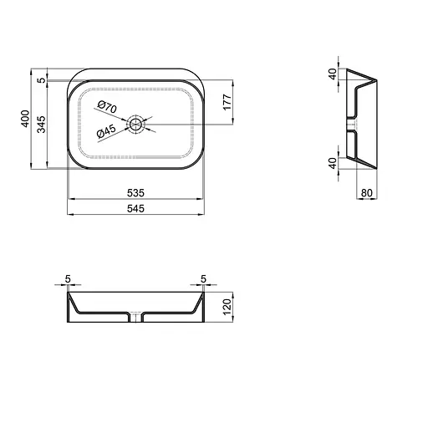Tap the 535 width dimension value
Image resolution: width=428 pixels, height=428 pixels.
134,193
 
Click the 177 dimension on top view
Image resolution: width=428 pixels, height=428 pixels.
227,104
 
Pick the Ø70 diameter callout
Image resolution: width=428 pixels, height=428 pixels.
107,107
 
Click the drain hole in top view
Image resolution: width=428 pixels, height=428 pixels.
136,125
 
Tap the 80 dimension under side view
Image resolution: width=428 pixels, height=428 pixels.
366,193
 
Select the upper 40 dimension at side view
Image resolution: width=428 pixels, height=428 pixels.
332,74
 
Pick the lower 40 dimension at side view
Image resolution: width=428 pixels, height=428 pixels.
332,162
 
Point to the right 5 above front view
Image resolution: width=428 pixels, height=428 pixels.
202,279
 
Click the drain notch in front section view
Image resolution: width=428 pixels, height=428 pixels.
135,317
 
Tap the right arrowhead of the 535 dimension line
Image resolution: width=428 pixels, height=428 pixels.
200,200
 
